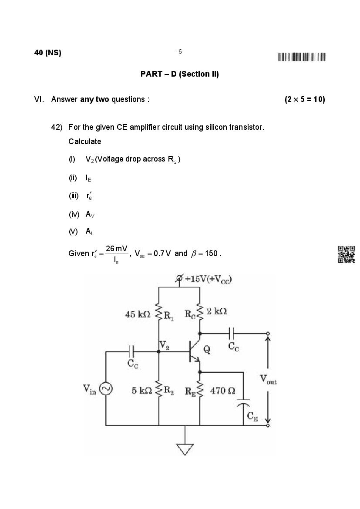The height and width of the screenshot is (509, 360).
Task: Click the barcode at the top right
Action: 302,57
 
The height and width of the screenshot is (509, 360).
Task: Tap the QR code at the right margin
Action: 346,254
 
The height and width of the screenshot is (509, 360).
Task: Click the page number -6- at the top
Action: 180,52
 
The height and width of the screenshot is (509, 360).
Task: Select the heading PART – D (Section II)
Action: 179,74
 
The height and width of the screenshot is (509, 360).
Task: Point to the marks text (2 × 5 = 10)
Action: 305,99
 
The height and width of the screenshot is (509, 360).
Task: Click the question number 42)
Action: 57,127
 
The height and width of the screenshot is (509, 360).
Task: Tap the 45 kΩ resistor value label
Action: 138,314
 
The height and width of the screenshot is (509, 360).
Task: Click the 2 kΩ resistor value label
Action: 216,311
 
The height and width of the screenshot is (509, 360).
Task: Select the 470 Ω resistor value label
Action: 223,391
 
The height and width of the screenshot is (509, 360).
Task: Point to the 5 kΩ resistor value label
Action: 142,391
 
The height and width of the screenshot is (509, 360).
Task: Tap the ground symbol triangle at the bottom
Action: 185,449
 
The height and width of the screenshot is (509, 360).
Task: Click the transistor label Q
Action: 207,349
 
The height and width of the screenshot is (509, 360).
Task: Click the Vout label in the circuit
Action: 268,379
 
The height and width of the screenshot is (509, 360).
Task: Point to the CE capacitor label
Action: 252,417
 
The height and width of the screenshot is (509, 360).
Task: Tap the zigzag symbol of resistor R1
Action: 158,314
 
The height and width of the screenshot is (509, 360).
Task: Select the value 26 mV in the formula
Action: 116,249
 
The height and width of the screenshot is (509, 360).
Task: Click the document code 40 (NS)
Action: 47,53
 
